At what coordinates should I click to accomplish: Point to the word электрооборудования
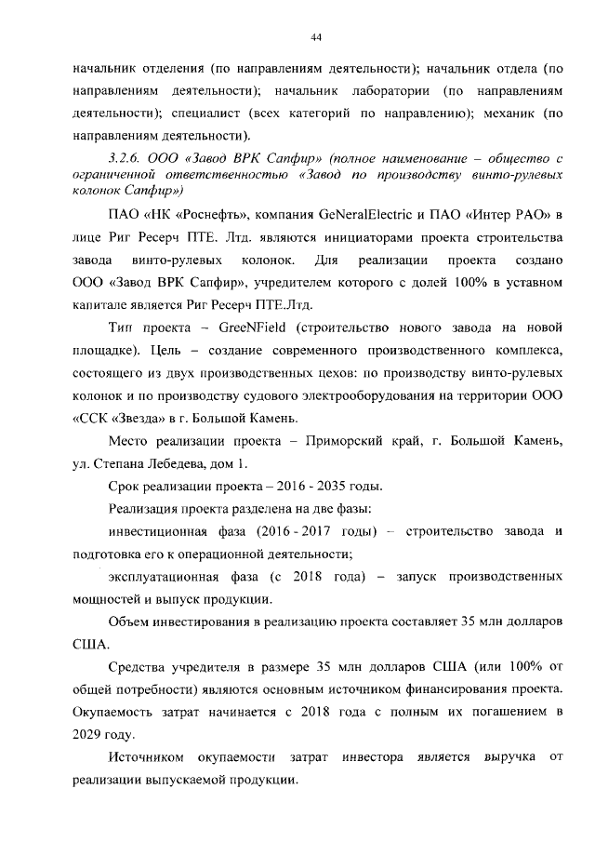click(324, 396)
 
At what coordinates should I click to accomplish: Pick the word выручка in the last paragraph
click(509, 757)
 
